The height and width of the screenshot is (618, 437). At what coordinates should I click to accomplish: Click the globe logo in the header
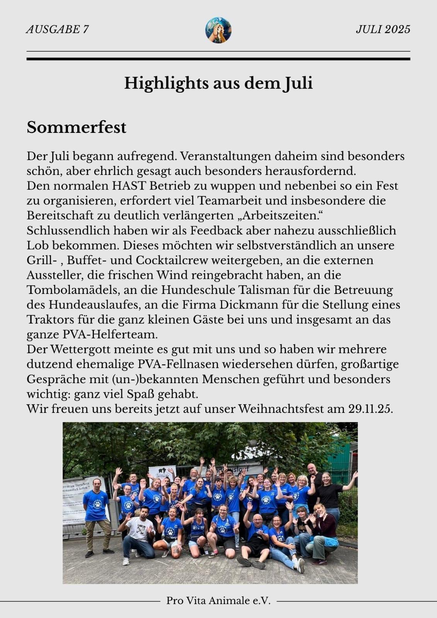[218, 30]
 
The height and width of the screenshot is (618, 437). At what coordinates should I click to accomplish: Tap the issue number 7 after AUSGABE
[86, 30]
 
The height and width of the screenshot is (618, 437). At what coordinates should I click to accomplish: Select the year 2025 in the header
[398, 30]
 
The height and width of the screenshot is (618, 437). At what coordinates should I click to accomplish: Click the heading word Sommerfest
[77, 127]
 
